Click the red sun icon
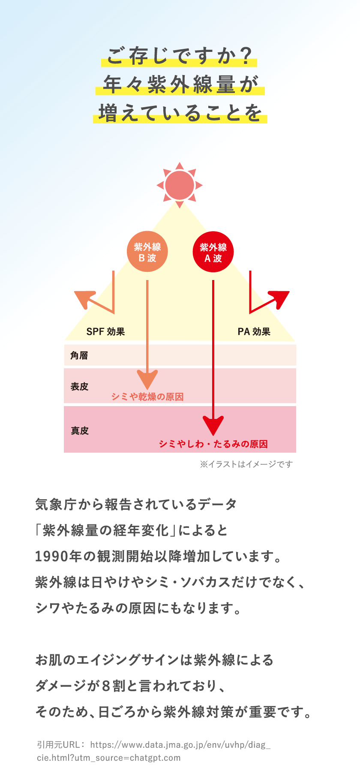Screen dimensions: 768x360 [180, 185]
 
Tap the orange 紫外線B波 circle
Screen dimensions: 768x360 [147, 252]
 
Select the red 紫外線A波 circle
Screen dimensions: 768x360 [213, 252]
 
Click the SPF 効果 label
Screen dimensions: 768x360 [105, 331]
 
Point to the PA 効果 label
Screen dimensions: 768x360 [254, 331]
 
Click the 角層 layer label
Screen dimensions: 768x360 [79, 355]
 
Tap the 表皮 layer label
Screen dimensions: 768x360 [79, 387]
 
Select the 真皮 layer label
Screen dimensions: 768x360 [80, 431]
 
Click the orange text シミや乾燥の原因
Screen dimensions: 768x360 [147, 397]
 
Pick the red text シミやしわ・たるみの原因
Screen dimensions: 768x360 [213, 444]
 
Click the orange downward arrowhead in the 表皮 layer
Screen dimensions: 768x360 [147, 379]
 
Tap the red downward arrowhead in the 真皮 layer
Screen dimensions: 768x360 [213, 425]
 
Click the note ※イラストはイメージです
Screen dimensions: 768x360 [246, 464]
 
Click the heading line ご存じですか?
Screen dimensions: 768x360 [179, 56]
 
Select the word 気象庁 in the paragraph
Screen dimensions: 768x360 [56, 504]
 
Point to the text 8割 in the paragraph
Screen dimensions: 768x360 [113, 686]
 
